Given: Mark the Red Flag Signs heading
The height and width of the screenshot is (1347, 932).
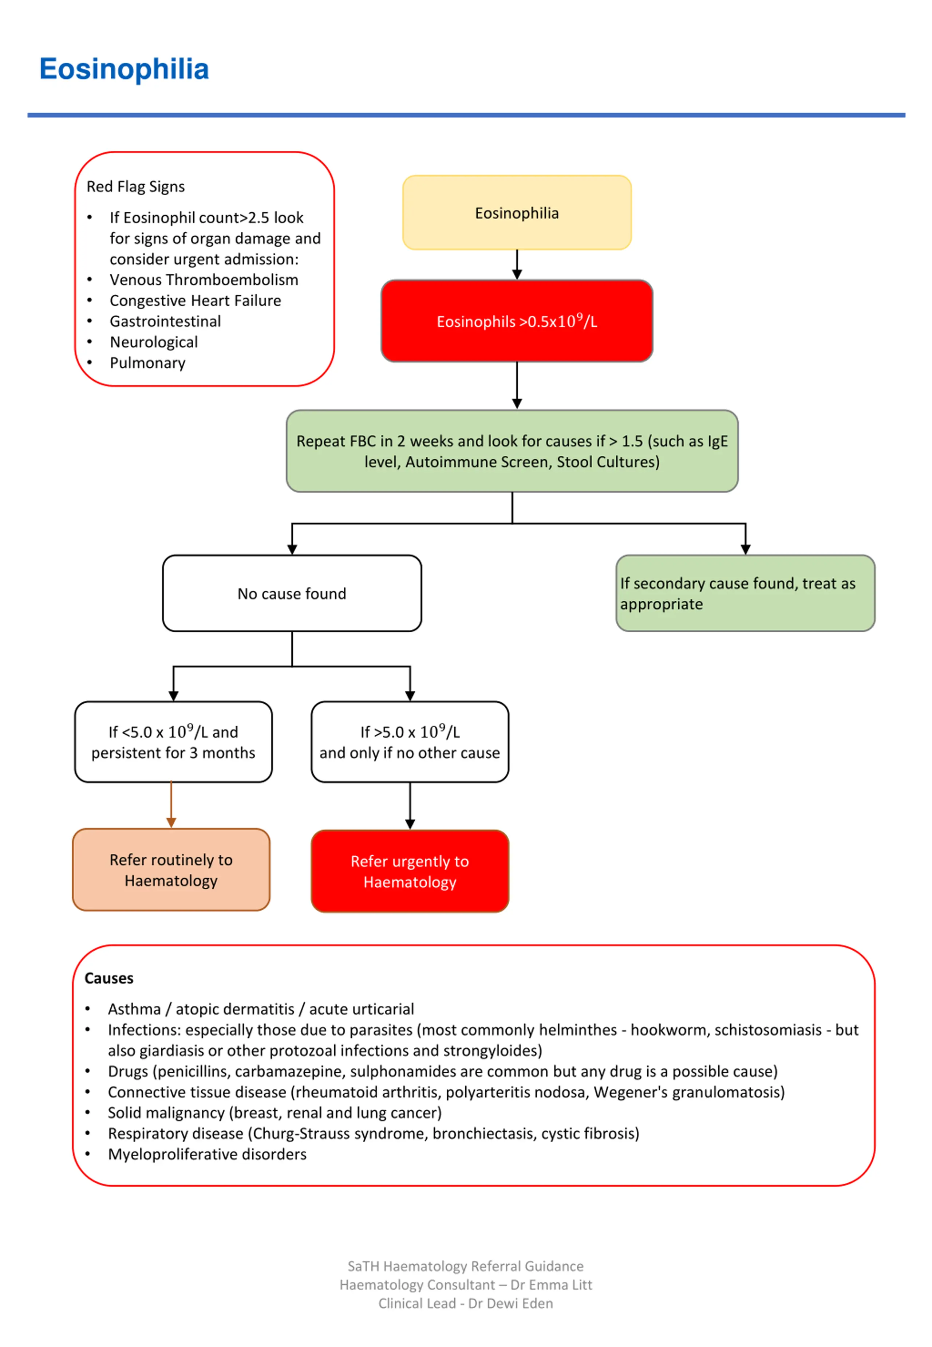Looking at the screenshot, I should [135, 186].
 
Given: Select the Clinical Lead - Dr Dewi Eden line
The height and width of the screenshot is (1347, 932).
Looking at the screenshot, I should [465, 1303].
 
